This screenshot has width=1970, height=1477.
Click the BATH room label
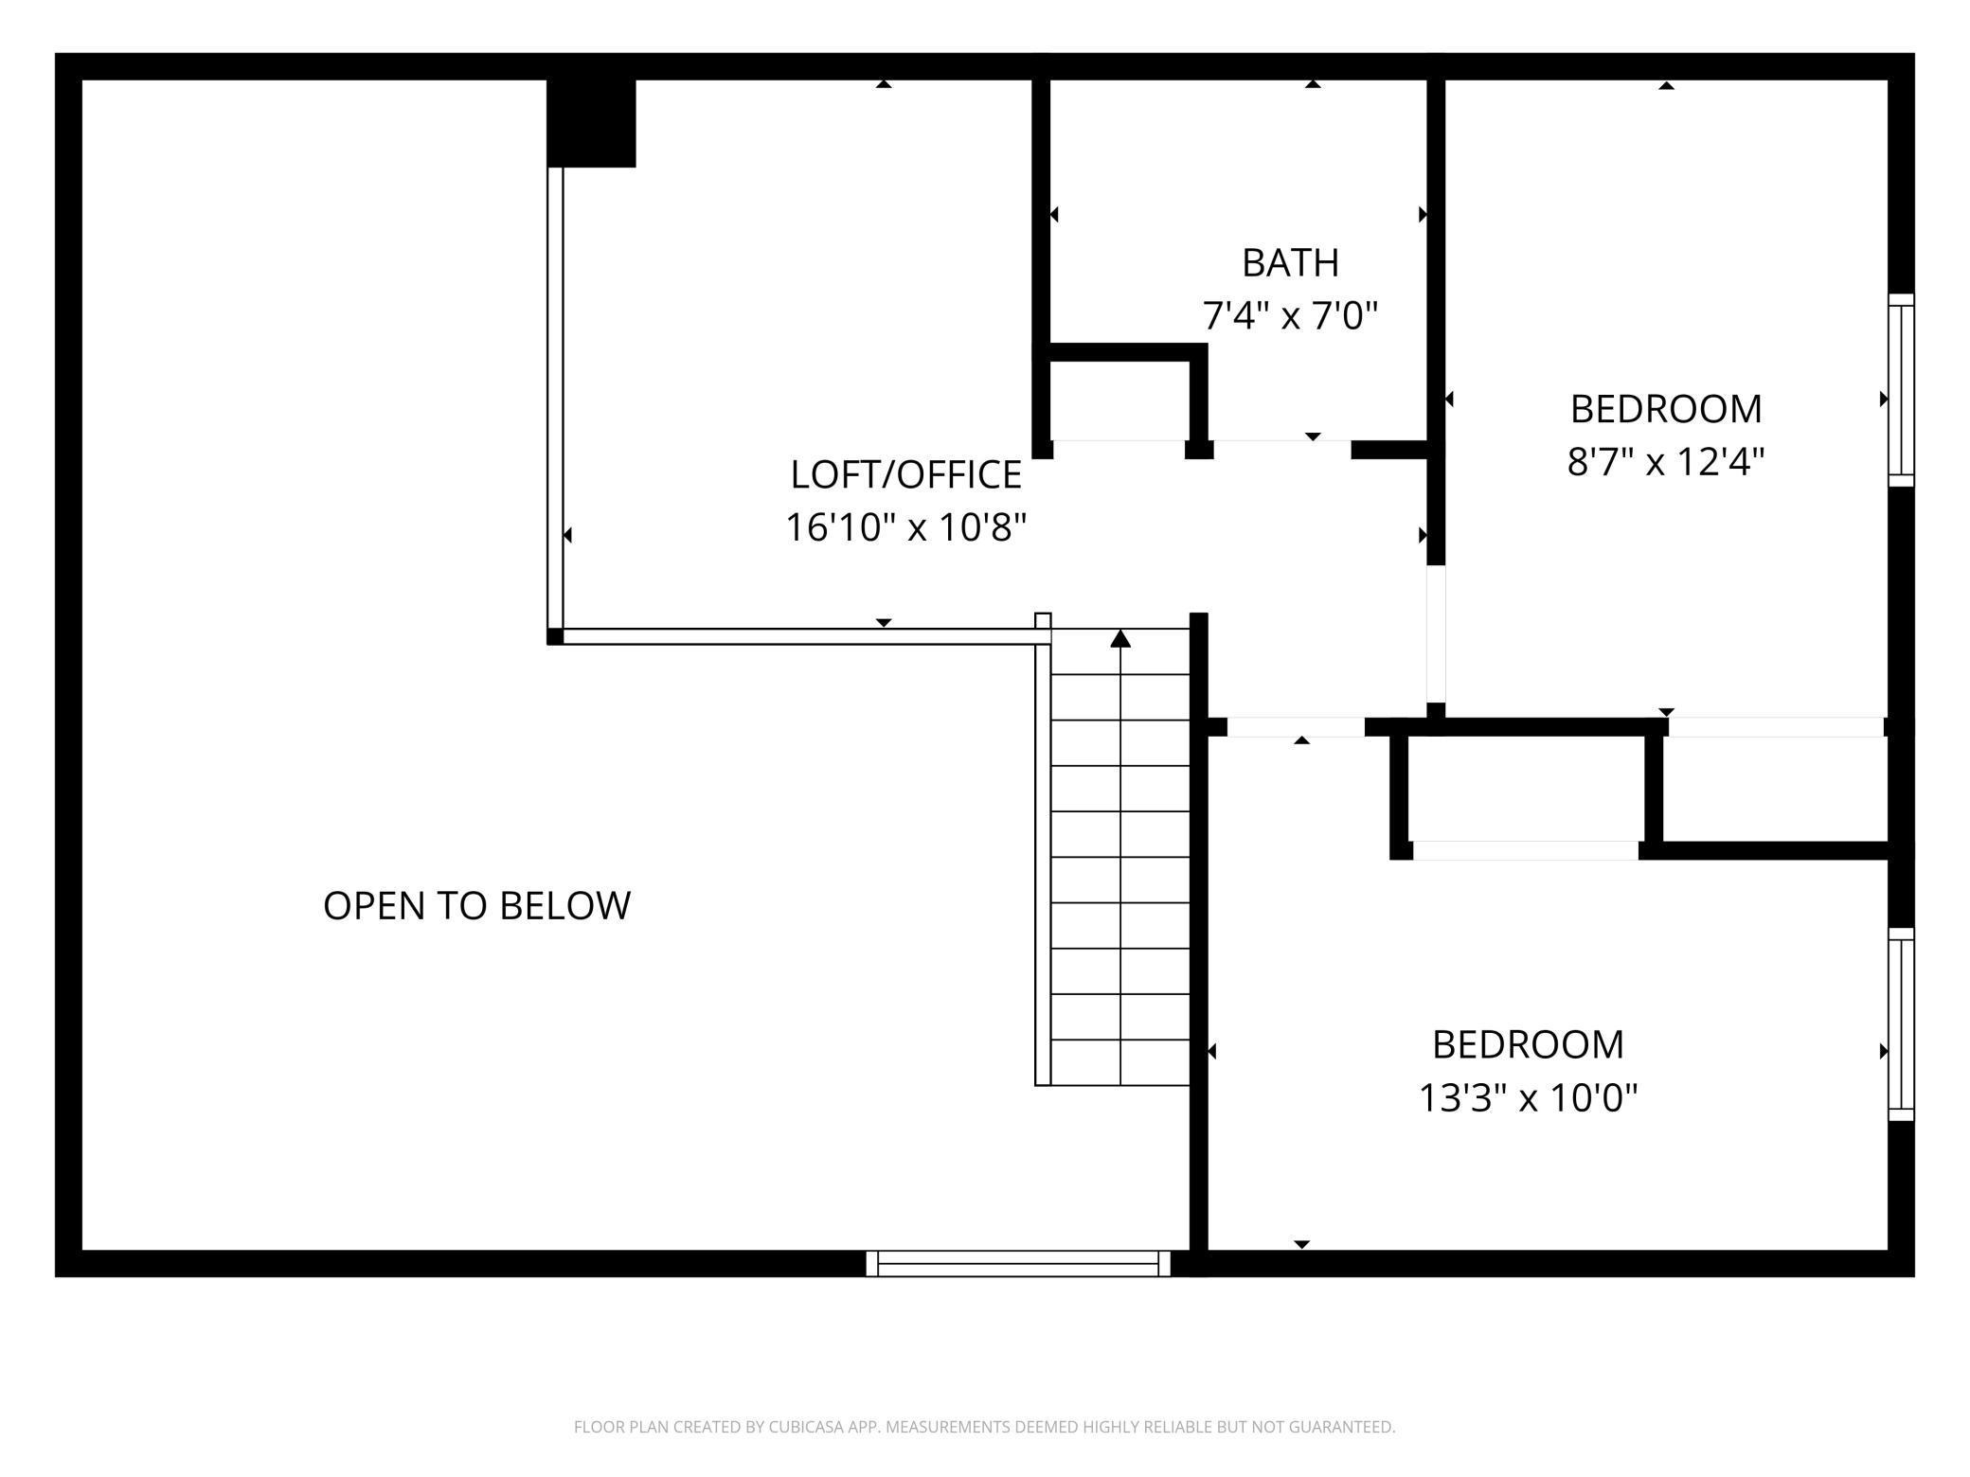point(1290,263)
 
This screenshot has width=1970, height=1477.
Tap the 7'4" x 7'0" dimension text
point(1290,315)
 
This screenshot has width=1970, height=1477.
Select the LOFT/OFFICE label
point(905,475)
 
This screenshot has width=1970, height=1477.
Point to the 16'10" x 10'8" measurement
point(905,527)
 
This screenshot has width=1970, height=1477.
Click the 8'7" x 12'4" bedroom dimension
point(1665,462)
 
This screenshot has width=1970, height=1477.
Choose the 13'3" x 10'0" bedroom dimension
point(1527,1098)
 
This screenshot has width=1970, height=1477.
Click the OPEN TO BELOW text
point(476,906)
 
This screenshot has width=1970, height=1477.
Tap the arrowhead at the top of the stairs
point(1120,639)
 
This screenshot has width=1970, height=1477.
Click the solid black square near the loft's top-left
point(591,123)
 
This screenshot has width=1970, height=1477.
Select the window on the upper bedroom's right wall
point(1900,390)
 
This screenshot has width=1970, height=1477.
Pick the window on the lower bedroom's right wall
point(1900,1024)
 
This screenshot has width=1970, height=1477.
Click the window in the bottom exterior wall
point(1018,1264)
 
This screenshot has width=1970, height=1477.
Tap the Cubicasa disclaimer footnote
point(984,1427)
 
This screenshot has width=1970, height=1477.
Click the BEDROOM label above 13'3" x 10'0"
point(1527,1045)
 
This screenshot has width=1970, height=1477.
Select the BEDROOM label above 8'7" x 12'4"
point(1665,409)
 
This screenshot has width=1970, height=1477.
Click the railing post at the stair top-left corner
point(1043,621)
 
